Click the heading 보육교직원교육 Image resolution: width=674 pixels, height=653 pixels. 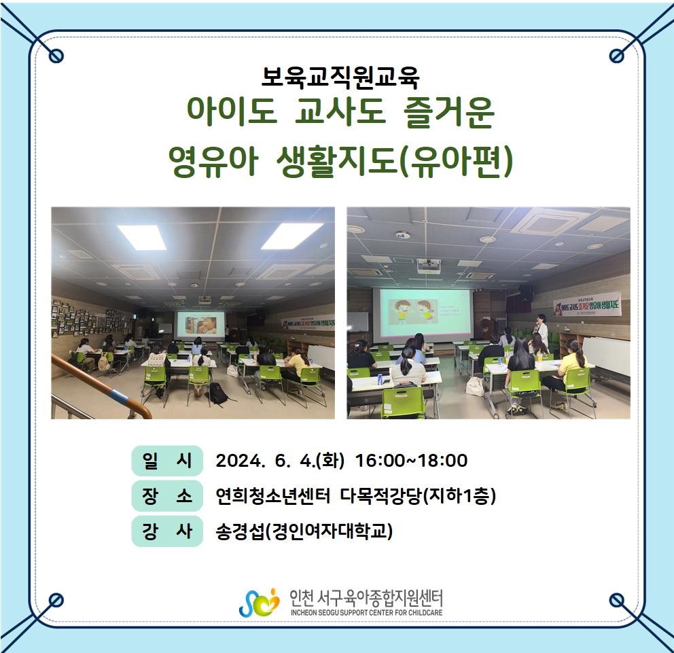coord(340,78)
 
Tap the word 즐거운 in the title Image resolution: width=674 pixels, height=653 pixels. coord(449,113)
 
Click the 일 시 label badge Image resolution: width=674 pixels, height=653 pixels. coord(166,461)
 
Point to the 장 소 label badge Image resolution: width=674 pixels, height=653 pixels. coord(166,496)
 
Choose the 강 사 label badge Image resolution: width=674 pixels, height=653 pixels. coord(166,531)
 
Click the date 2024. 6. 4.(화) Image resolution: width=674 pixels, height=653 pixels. coord(280,461)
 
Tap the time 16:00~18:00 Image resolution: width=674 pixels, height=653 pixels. coord(412,461)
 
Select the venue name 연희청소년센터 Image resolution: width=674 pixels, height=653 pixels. coord(272,496)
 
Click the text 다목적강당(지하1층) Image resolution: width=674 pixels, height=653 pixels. coord(419,496)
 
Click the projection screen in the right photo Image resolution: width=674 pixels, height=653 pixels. coord(422,311)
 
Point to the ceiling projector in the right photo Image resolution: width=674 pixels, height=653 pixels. coord(428,266)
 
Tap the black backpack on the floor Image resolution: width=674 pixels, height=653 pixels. coord(218,394)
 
